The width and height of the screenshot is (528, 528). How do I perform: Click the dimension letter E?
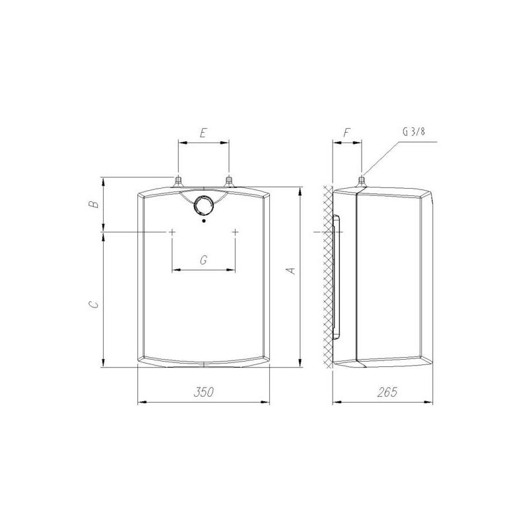[203, 133]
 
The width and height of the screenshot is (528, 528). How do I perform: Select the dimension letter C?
[95, 304]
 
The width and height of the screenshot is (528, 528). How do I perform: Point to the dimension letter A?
[289, 270]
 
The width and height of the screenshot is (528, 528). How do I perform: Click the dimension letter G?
[203, 261]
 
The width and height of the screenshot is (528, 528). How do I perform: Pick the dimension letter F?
[347, 133]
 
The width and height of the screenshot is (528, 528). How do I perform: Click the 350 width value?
[203, 392]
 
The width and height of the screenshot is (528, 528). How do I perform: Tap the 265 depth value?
[388, 392]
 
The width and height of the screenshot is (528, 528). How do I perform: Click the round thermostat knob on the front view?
[204, 206]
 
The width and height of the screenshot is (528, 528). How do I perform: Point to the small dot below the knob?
[204, 221]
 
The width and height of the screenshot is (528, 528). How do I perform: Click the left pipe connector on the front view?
[178, 181]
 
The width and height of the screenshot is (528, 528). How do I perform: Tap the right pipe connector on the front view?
[228, 181]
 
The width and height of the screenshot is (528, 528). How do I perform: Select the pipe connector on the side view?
[361, 181]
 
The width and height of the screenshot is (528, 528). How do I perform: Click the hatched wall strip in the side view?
[327, 277]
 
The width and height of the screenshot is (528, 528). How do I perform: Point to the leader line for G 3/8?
[383, 155]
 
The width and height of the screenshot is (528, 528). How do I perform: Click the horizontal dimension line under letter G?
[203, 269]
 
